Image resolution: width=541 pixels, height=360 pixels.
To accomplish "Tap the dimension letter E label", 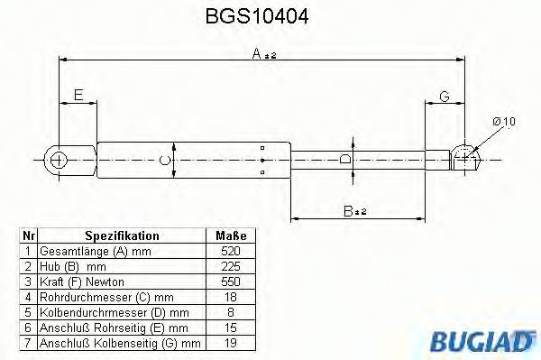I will coord(79,95).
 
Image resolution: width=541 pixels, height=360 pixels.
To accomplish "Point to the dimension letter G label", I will coord(445,96).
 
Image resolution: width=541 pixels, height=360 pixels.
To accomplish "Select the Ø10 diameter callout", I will coord(503,123).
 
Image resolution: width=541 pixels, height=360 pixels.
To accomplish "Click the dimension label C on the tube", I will coord(163,161).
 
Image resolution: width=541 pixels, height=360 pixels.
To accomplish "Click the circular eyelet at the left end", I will coord(60,161).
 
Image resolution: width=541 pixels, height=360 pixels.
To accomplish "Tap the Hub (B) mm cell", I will coord(68,267).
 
